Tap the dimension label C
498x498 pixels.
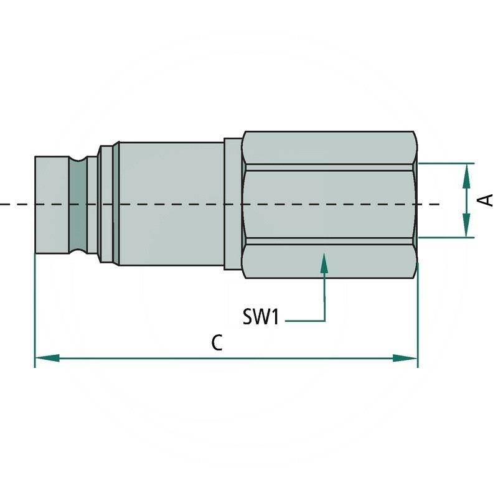pos(217,343)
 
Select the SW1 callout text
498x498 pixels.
pos(261,317)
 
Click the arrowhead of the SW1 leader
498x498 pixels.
pos(324,263)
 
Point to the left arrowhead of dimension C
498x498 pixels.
pos(47,359)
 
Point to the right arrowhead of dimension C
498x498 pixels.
pos(405,359)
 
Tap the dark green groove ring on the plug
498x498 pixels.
pos(78,205)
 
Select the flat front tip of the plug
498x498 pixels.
pos(52,205)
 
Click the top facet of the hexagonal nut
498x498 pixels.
pos(329,148)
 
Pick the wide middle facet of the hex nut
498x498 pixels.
pos(329,204)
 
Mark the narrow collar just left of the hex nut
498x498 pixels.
pos(233,204)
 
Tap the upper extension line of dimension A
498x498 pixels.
pos(446,164)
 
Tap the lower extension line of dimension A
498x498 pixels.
pos(446,237)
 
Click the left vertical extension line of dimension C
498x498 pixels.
pos(35,311)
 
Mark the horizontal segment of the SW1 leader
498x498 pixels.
pos(305,321)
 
